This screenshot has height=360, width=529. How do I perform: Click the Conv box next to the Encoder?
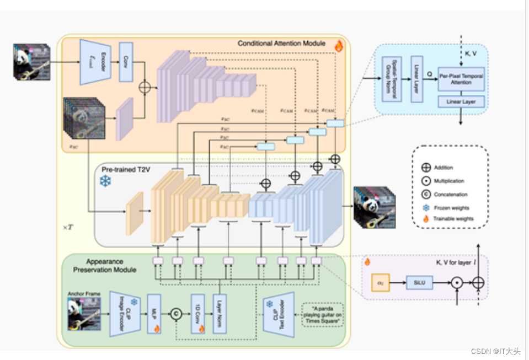pyautogui.click(x=126, y=62)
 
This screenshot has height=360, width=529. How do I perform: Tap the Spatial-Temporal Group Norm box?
pyautogui.click(x=392, y=78)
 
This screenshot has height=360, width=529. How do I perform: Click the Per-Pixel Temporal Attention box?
pyautogui.click(x=461, y=79)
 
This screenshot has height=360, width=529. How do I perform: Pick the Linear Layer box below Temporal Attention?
pyautogui.click(x=461, y=101)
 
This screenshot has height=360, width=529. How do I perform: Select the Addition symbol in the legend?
pyautogui.click(x=425, y=168)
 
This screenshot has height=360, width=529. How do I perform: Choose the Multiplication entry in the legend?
pyautogui.click(x=425, y=181)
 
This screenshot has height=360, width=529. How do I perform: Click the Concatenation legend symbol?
pyautogui.click(x=425, y=194)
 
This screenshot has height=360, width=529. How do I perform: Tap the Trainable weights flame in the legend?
pyautogui.click(x=425, y=219)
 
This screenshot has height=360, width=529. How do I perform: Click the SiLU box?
pyautogui.click(x=418, y=282)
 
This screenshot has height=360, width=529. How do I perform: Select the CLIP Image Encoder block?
pyautogui.click(x=125, y=314)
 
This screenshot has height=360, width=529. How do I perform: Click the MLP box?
pyautogui.click(x=153, y=314)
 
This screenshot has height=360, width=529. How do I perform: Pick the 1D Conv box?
pyautogui.click(x=197, y=314)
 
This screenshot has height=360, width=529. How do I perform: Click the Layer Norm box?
pyautogui.click(x=220, y=314)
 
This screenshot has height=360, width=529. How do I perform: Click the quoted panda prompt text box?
pyautogui.click(x=322, y=314)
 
